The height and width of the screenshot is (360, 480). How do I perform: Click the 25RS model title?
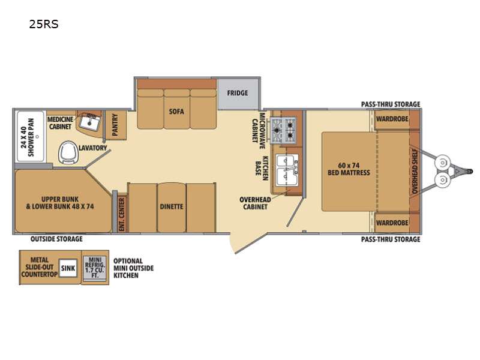click(x=43, y=24)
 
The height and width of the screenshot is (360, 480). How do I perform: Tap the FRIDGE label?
click(x=237, y=93)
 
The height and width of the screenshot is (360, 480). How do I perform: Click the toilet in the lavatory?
click(x=68, y=152)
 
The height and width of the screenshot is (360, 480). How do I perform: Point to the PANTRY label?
click(x=115, y=125)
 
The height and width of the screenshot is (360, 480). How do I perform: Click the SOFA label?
click(x=176, y=111)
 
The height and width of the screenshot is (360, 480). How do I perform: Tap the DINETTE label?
click(x=172, y=206)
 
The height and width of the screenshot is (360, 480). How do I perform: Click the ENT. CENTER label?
click(x=122, y=214)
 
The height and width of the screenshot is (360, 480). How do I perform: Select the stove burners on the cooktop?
click(x=283, y=130)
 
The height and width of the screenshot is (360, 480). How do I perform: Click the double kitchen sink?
click(x=287, y=170)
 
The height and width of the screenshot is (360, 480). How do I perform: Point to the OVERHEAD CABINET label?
click(x=255, y=203)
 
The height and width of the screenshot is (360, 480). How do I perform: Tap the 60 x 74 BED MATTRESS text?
click(x=349, y=169)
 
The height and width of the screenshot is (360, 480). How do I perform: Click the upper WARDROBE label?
click(x=392, y=119)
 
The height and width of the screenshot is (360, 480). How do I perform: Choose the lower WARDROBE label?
click(x=392, y=223)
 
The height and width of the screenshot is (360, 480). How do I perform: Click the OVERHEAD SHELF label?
click(x=415, y=171)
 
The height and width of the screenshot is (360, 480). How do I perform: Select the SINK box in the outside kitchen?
click(x=68, y=268)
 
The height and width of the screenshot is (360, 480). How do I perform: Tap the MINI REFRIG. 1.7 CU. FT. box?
click(x=95, y=267)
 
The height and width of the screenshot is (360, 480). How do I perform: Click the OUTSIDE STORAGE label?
click(x=56, y=239)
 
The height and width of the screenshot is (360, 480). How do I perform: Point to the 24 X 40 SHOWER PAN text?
click(x=28, y=137)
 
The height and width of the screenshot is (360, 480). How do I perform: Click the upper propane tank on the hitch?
click(x=442, y=162)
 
